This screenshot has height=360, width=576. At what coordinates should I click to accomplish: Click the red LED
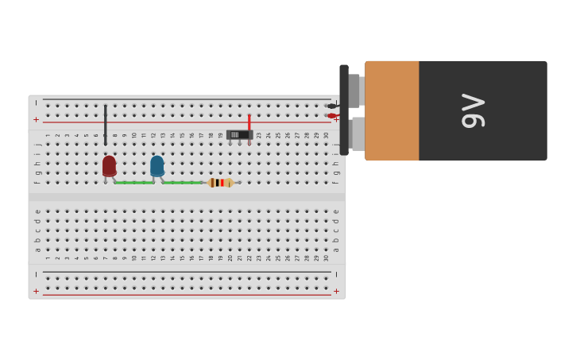(109, 165)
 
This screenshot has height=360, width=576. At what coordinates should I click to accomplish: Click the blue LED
(157, 165)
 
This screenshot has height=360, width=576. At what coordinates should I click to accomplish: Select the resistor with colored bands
(221, 183)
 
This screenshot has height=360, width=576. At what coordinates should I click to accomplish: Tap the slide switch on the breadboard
(239, 135)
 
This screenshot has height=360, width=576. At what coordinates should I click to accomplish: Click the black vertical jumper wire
(105, 124)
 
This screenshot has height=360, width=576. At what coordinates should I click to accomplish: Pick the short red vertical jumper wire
(249, 126)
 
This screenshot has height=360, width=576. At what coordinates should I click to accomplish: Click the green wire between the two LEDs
(133, 183)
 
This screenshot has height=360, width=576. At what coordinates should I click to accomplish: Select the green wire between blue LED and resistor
(183, 183)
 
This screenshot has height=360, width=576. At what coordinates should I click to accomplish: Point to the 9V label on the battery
(473, 110)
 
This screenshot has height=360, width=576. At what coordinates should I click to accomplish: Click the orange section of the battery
(392, 110)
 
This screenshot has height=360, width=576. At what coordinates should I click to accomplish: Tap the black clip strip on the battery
(344, 110)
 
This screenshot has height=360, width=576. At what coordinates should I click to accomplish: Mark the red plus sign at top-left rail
(36, 119)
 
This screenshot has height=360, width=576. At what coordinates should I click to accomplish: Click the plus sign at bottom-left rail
(36, 291)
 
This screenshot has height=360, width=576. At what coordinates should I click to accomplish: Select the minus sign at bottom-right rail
(336, 274)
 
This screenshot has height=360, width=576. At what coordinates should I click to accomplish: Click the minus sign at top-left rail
(36, 103)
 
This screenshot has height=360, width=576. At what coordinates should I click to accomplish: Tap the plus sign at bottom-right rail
(336, 291)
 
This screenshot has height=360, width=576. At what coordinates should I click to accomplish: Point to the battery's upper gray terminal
(355, 91)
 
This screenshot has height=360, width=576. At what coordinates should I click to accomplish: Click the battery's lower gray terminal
(358, 134)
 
